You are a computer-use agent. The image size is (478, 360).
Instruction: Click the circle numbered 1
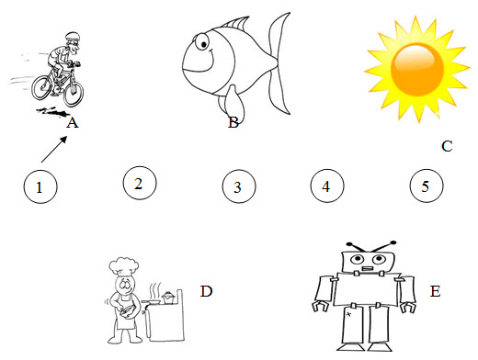(x=40, y=186)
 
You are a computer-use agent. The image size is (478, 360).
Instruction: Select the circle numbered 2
(x=140, y=184)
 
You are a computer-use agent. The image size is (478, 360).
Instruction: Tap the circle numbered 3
(x=239, y=186)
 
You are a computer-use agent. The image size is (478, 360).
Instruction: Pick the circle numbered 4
(x=327, y=186)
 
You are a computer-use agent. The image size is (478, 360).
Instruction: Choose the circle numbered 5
(x=427, y=186)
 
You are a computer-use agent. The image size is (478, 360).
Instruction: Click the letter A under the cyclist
(x=73, y=123)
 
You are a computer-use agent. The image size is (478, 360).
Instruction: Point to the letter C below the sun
(x=447, y=146)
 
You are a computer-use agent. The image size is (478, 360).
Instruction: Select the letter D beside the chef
(x=206, y=291)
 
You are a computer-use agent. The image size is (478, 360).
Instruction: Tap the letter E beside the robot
(x=435, y=291)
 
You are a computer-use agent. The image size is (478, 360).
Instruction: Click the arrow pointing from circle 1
(x=54, y=149)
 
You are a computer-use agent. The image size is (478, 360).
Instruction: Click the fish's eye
(x=202, y=42)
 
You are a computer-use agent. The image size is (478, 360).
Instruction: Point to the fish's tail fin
(x=279, y=63)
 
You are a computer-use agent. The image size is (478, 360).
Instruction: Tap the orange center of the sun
(x=417, y=70)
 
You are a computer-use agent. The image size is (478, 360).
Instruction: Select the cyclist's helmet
(x=73, y=36)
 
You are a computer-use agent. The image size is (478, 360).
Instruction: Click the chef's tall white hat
(x=123, y=265)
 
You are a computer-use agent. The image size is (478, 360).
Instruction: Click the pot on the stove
(x=168, y=297)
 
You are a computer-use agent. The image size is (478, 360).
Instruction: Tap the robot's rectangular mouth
(x=367, y=269)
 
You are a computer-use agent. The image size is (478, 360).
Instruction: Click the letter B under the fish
(x=233, y=122)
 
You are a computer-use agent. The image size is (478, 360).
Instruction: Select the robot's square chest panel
(x=367, y=289)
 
